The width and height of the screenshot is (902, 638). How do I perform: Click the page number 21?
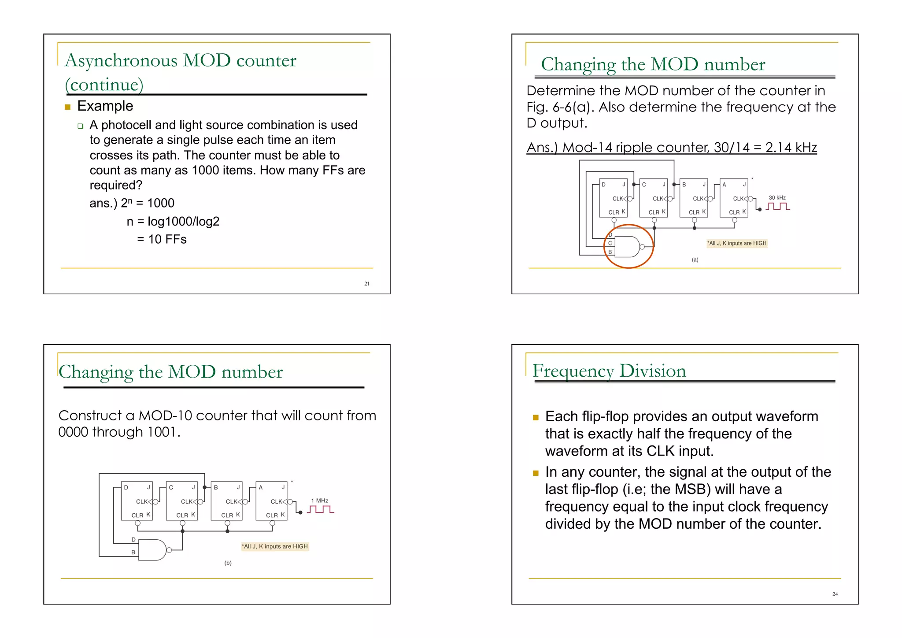366,284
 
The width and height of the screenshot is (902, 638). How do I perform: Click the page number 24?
835,594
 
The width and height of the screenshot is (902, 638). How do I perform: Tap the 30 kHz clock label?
777,198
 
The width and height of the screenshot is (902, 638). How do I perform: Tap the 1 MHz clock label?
320,501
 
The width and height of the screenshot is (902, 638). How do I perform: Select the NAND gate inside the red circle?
627,247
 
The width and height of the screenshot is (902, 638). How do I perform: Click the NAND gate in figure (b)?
153,549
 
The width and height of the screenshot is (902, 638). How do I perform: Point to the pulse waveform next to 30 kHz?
778,206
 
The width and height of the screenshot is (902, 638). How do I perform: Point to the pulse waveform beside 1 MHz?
321,509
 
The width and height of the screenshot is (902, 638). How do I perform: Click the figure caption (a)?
695,260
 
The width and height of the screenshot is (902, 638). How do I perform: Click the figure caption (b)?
228,563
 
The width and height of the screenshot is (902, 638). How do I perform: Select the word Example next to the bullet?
105,106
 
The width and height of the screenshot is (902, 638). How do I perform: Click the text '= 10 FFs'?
162,239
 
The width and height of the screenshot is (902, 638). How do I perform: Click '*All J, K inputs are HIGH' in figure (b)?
275,546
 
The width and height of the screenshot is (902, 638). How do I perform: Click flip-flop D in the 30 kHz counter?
613,198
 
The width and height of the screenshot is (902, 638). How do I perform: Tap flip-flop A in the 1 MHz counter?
271,501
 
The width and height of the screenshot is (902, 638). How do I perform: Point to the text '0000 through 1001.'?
119,432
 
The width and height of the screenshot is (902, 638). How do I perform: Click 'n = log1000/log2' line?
173,221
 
